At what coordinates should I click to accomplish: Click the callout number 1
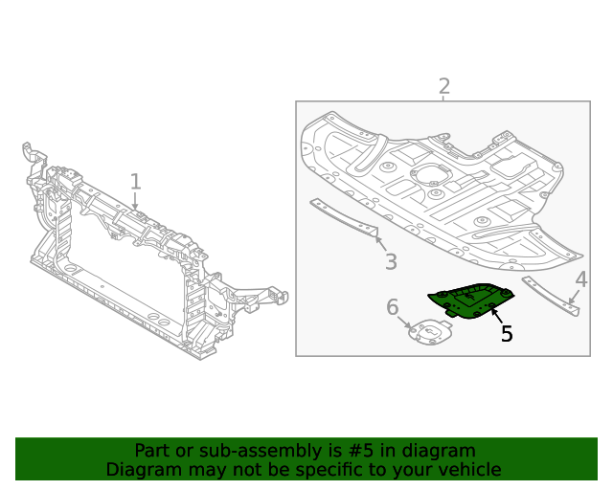point(135,182)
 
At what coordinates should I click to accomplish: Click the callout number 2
point(443,87)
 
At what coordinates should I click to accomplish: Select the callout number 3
point(391,262)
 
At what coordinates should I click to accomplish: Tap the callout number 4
point(580,279)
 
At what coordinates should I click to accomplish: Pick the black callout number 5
point(506,334)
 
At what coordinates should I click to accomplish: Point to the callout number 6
point(392,307)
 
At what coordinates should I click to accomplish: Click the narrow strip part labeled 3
point(345,219)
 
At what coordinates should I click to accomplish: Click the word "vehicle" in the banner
point(466,469)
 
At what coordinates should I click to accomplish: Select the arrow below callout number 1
point(135,201)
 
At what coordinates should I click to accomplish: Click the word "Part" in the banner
point(151,451)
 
